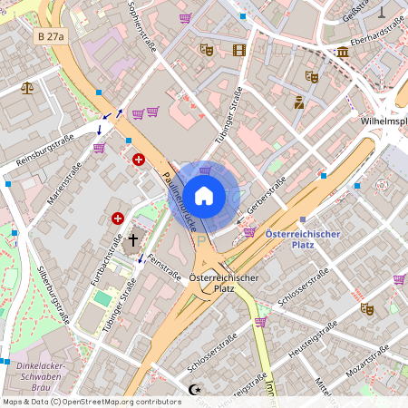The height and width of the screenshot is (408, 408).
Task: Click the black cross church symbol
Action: click(x=133, y=240)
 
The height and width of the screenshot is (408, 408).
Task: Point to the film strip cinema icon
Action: click(x=239, y=51)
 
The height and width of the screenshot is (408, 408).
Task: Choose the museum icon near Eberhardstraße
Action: click(x=342, y=52)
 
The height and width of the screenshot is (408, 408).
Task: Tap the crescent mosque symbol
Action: click(x=192, y=389)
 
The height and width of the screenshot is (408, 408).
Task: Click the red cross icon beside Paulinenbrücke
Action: click(x=138, y=160)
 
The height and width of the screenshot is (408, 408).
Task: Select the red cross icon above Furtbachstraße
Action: click(x=117, y=219)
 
